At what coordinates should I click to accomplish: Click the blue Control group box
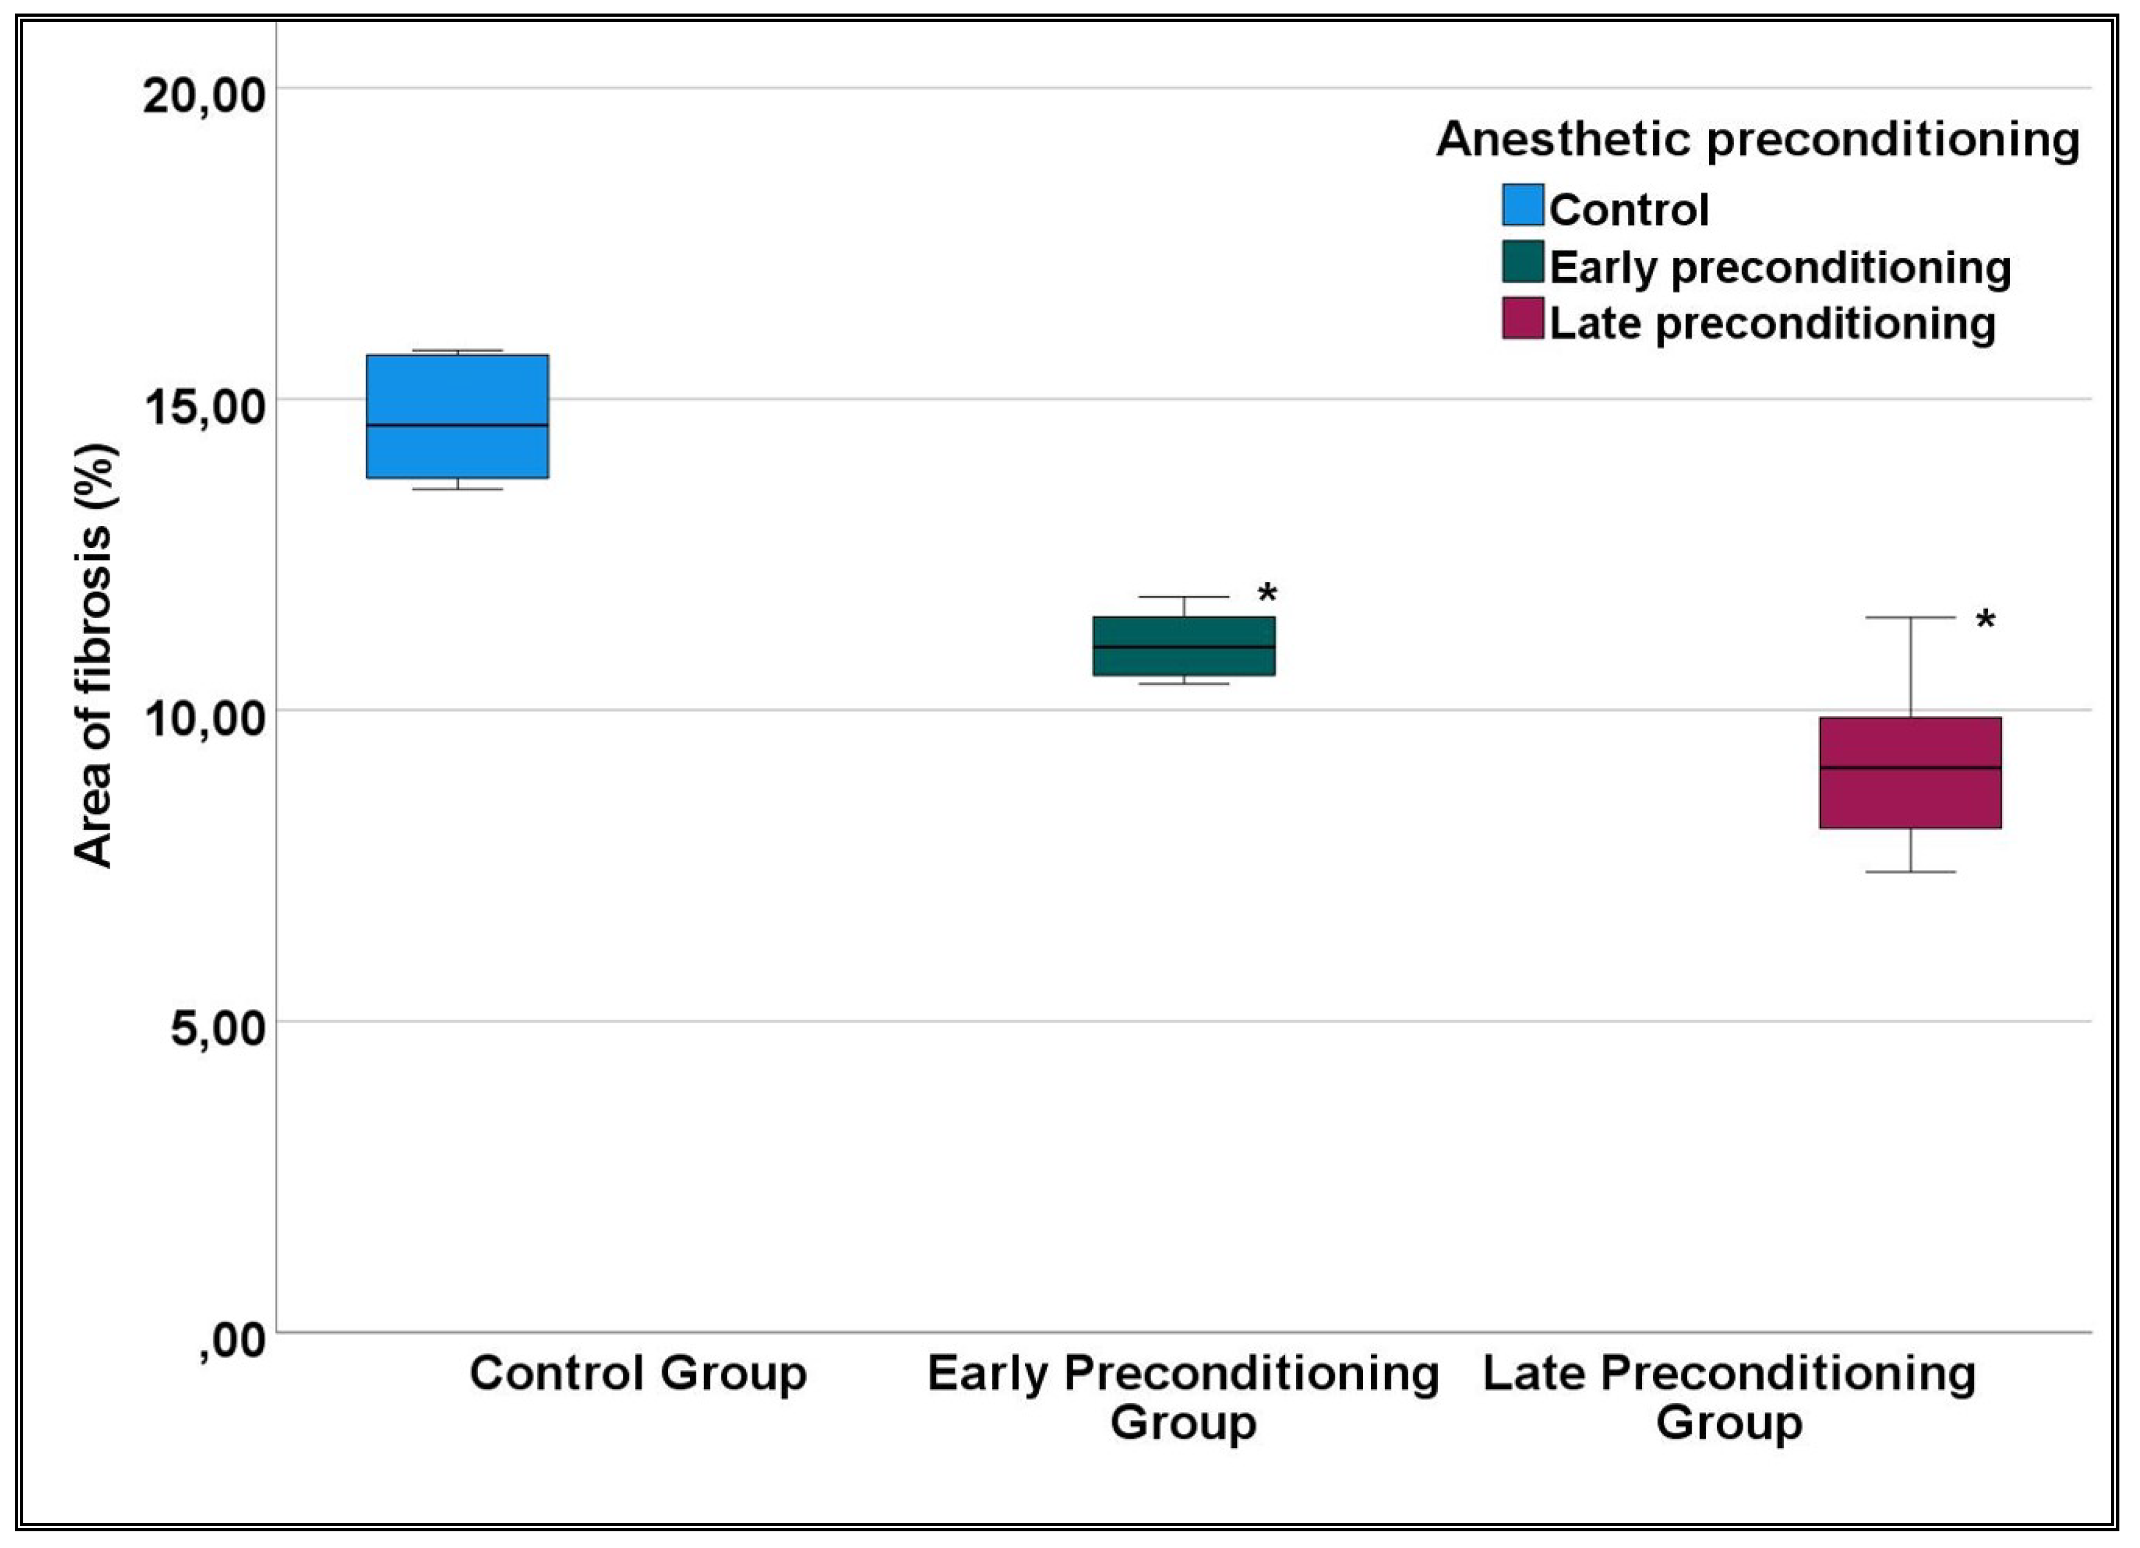[457, 416]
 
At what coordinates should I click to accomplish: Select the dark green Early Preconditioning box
[1184, 646]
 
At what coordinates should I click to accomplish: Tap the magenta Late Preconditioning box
[1911, 773]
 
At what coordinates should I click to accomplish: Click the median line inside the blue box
[457, 426]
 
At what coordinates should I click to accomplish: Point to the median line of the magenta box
[1911, 768]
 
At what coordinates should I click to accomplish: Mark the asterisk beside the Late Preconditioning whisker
[1986, 621]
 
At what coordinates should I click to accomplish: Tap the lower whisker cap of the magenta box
[1911, 872]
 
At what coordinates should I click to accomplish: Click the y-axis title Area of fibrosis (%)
[94, 656]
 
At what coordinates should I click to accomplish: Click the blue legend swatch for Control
[1523, 205]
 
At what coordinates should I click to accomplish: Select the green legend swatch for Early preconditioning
[1523, 261]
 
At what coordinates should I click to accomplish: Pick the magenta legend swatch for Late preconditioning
[1523, 318]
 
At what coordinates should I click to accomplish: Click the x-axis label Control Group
[639, 1373]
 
